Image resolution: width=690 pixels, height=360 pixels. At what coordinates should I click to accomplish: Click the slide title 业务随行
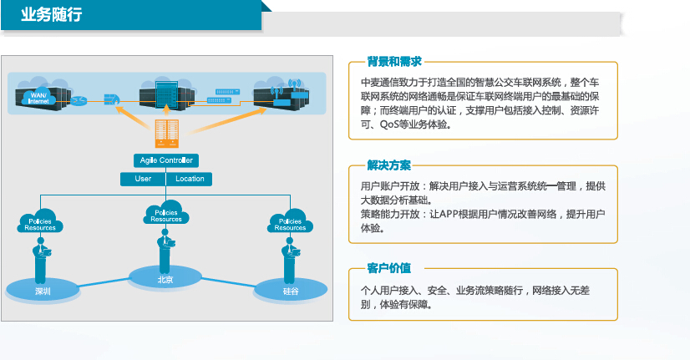[x=52, y=16]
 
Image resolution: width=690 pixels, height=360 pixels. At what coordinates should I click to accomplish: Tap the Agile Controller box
[x=165, y=160]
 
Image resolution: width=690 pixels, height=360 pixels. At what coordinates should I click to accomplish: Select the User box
[x=143, y=179]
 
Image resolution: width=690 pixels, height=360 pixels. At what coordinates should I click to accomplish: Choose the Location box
[x=189, y=179]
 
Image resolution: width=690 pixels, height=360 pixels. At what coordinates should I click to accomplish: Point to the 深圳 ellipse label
[x=43, y=291]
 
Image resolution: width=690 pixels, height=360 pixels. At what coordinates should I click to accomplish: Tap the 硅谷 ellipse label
[x=290, y=292]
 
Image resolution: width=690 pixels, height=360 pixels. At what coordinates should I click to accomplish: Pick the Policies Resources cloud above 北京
[x=165, y=215]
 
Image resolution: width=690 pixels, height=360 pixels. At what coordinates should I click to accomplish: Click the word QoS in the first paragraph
[x=392, y=124]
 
